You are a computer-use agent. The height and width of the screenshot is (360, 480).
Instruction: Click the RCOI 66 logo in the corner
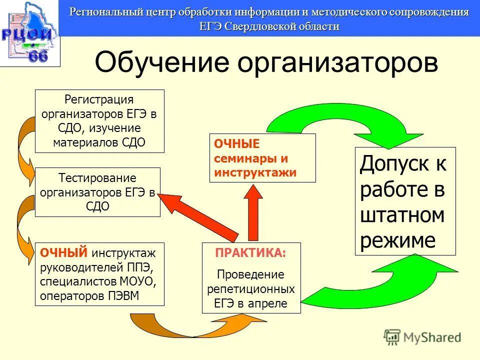(29, 33)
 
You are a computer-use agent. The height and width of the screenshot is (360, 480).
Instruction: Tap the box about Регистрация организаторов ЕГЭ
(99, 121)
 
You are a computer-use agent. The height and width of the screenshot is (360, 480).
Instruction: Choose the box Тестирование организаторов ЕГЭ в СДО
(97, 192)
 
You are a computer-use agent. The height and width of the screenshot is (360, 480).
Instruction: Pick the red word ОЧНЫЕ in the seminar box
(236, 144)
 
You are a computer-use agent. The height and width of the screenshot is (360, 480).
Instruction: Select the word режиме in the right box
(398, 240)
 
